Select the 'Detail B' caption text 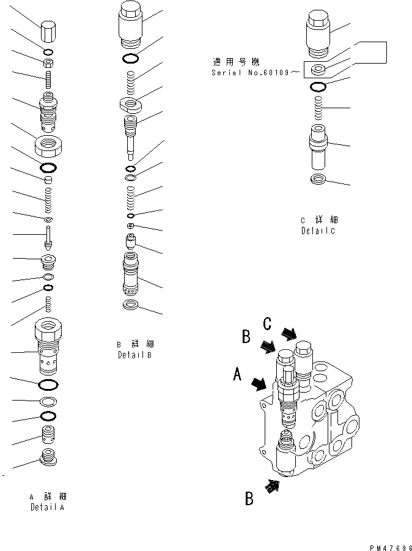(x=134, y=355)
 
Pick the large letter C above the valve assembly (x=267, y=323)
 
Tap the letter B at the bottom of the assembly (x=249, y=499)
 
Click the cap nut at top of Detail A (x=48, y=31)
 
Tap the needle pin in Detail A (x=48, y=237)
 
